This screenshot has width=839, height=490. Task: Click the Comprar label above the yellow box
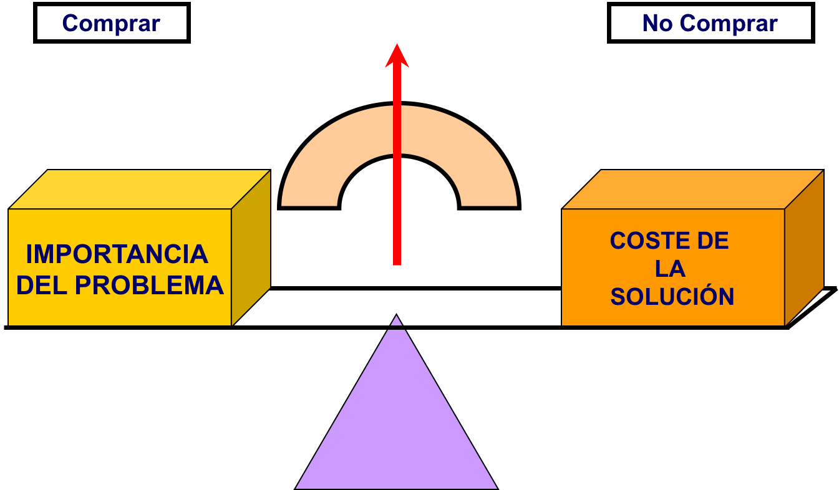tap(111, 24)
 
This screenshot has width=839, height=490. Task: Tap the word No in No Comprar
tap(657, 24)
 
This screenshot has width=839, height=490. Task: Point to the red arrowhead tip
tap(397, 46)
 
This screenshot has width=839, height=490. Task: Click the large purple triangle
tap(397, 424)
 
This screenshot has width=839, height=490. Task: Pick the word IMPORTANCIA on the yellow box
tap(117, 254)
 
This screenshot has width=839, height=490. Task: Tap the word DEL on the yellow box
tap(42, 286)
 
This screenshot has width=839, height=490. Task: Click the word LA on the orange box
tap(670, 269)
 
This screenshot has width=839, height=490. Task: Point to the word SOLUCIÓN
tap(672, 297)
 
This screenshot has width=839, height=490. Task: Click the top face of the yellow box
tap(140, 190)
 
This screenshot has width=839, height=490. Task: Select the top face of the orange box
tap(692, 190)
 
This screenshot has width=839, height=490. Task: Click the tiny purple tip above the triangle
tap(396, 321)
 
